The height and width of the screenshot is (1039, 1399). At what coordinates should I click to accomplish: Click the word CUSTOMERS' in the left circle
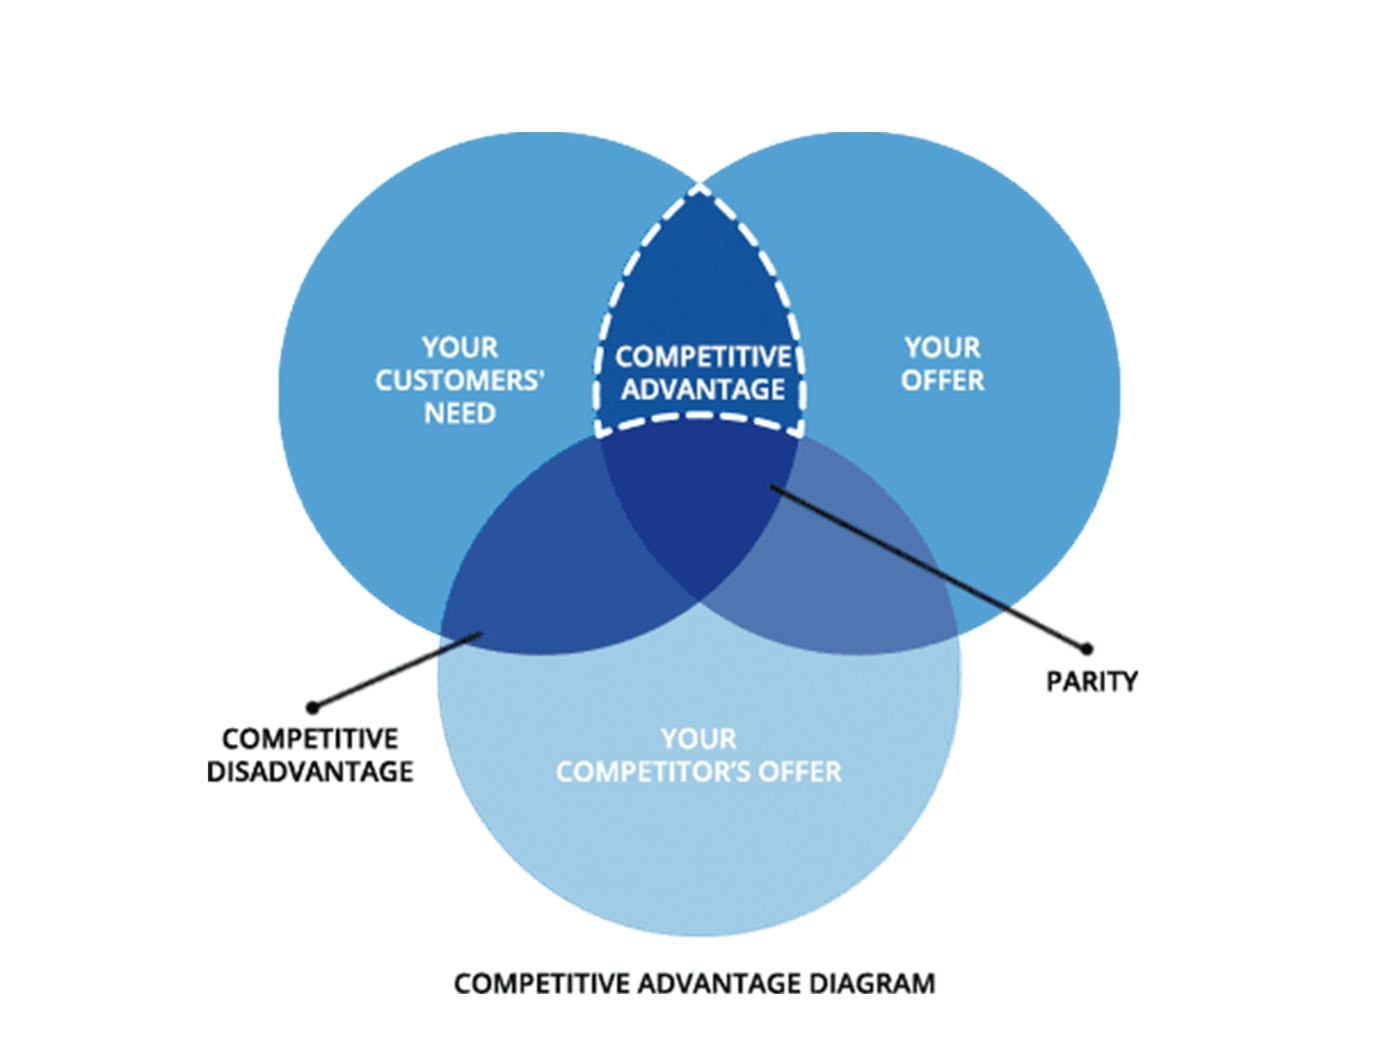pos(460,381)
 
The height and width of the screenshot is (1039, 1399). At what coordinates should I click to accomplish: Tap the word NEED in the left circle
pos(460,414)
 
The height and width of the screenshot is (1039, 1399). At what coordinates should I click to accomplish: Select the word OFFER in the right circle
pos(942,381)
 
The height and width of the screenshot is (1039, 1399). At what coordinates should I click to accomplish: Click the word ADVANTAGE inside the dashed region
pos(702,389)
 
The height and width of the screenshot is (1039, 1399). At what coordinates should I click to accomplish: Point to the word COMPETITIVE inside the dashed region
pos(702,357)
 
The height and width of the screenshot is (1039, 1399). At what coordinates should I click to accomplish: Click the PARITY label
pos(1091,682)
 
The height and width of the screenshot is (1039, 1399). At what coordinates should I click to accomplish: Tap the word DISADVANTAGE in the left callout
pos(310,772)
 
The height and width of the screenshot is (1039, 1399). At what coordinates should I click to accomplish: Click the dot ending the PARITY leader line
pos(1087,648)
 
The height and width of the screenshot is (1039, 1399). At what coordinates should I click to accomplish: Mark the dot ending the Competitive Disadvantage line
pos(313,707)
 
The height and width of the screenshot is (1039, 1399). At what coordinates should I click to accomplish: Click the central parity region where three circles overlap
pos(699,500)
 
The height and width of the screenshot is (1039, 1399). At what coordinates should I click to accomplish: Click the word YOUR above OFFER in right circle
pos(942,348)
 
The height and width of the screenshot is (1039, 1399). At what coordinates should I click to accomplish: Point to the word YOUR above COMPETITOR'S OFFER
pos(699,739)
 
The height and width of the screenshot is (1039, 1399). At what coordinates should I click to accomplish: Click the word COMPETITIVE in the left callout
pos(310,739)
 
